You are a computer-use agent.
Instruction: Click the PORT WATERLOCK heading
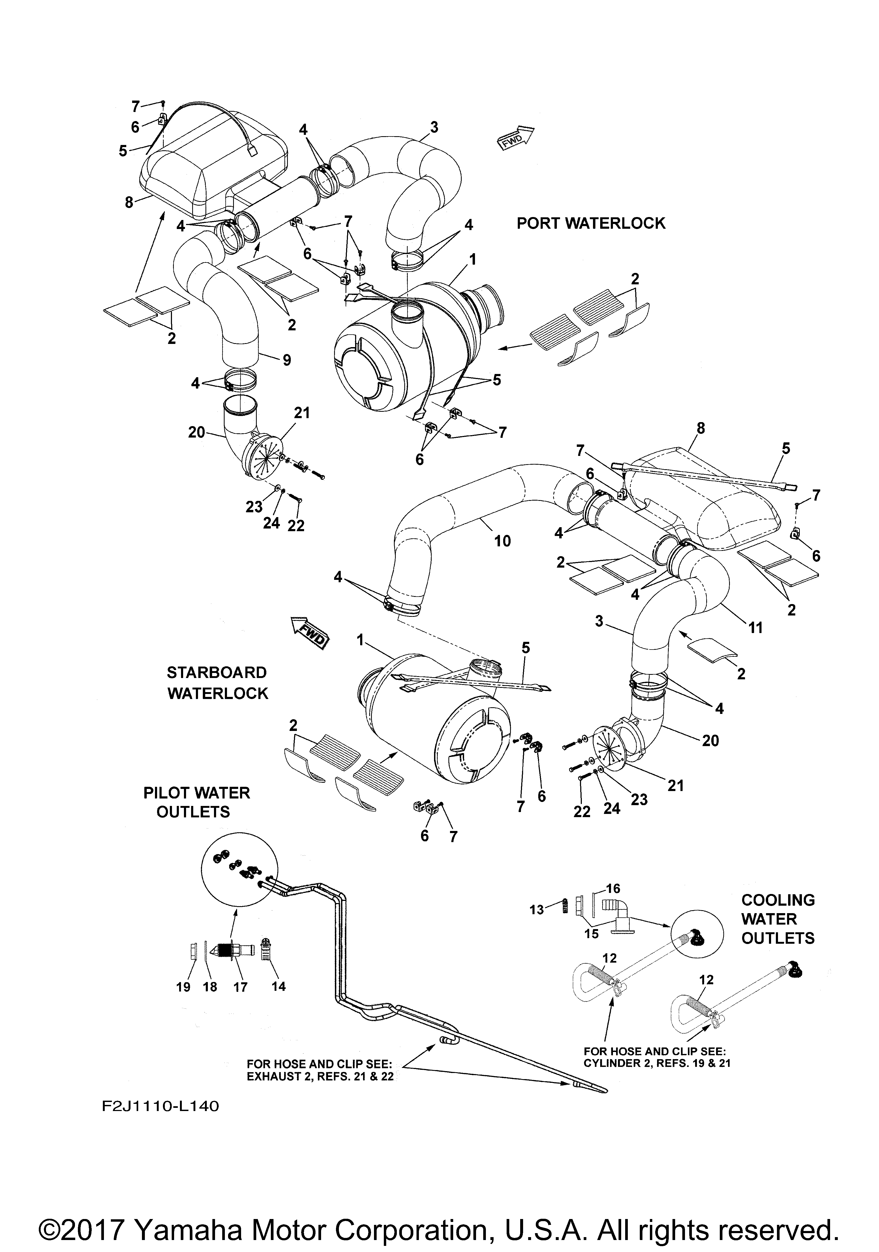[591, 223]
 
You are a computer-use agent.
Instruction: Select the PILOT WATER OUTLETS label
[196, 802]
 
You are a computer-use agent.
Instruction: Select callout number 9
[287, 360]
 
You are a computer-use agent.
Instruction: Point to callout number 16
[613, 889]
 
